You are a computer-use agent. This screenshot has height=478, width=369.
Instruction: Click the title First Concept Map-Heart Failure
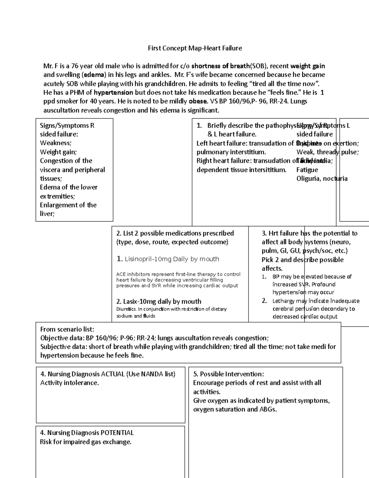coord(195,48)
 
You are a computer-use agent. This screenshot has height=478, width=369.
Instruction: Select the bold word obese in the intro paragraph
coord(198,101)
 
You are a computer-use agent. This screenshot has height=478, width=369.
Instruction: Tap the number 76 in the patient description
coord(75,66)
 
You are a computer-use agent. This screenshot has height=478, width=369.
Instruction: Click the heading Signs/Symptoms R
coord(67,126)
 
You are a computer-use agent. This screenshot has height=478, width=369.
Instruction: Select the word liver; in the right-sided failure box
coord(47,214)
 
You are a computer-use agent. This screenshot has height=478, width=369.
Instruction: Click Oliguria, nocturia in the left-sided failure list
coord(322,179)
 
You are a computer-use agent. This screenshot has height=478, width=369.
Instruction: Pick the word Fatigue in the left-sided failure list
coord(307,170)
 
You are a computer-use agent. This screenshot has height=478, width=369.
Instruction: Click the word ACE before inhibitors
coord(121,274)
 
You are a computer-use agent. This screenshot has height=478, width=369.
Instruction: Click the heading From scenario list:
coord(67,329)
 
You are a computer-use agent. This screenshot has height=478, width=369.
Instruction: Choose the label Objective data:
coord(62,338)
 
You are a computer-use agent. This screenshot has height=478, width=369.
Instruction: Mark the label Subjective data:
coord(64,347)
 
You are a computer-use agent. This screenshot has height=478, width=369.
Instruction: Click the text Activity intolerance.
coord(69,383)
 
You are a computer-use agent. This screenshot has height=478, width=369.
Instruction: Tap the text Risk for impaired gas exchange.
coord(85,442)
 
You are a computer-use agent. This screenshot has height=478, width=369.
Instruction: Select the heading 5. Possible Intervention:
coord(228,374)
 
